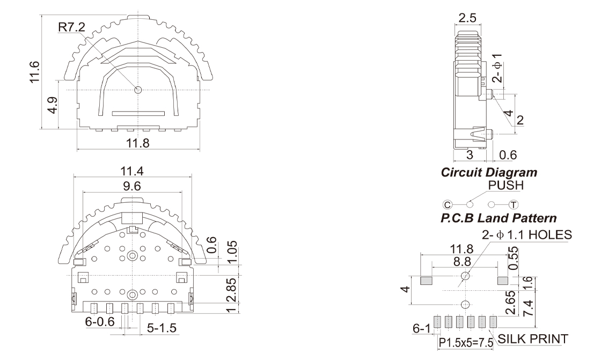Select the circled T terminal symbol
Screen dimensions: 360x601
(x=513, y=204)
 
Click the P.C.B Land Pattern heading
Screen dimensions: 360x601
(x=498, y=219)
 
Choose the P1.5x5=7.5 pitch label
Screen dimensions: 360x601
(x=466, y=343)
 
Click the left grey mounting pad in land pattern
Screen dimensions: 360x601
(x=426, y=281)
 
